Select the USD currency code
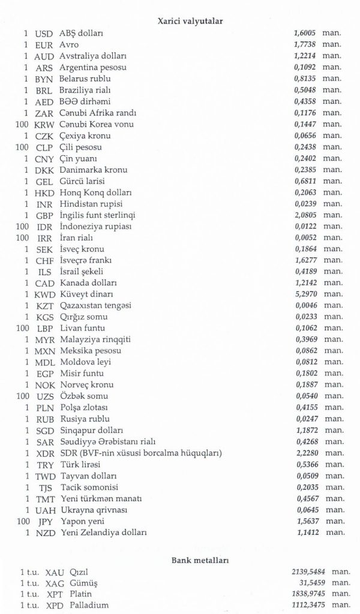pos(45,34)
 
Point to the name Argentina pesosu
pos(89,68)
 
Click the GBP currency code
pos(44,215)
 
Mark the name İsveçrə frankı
pos(86,261)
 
